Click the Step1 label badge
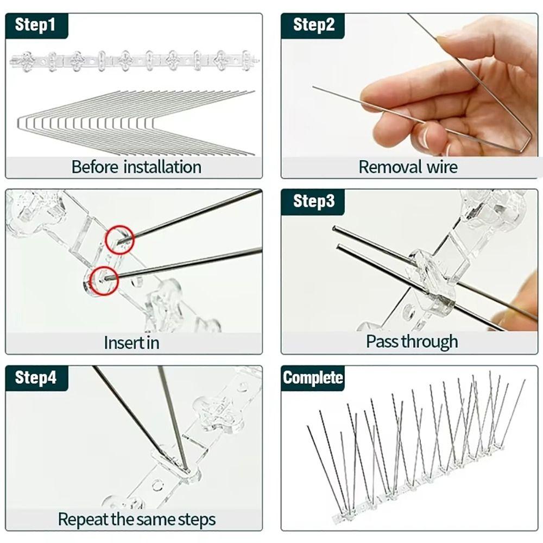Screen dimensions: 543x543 [x=35, y=26]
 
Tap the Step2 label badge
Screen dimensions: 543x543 [x=314, y=25]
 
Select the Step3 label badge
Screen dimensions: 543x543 [x=314, y=201]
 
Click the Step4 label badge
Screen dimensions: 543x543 [x=35, y=377]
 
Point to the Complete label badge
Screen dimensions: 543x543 [x=313, y=377]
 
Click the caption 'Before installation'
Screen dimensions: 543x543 [x=136, y=167]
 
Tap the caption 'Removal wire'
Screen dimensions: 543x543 [x=408, y=167]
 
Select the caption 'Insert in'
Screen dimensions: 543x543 [x=131, y=343]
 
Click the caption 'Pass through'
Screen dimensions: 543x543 [x=412, y=342]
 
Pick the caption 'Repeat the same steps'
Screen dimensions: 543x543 [x=136, y=519]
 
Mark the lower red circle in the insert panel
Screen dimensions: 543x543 [x=104, y=280]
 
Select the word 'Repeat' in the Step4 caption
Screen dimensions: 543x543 [x=83, y=519]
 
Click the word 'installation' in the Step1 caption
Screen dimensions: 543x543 [x=162, y=167]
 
